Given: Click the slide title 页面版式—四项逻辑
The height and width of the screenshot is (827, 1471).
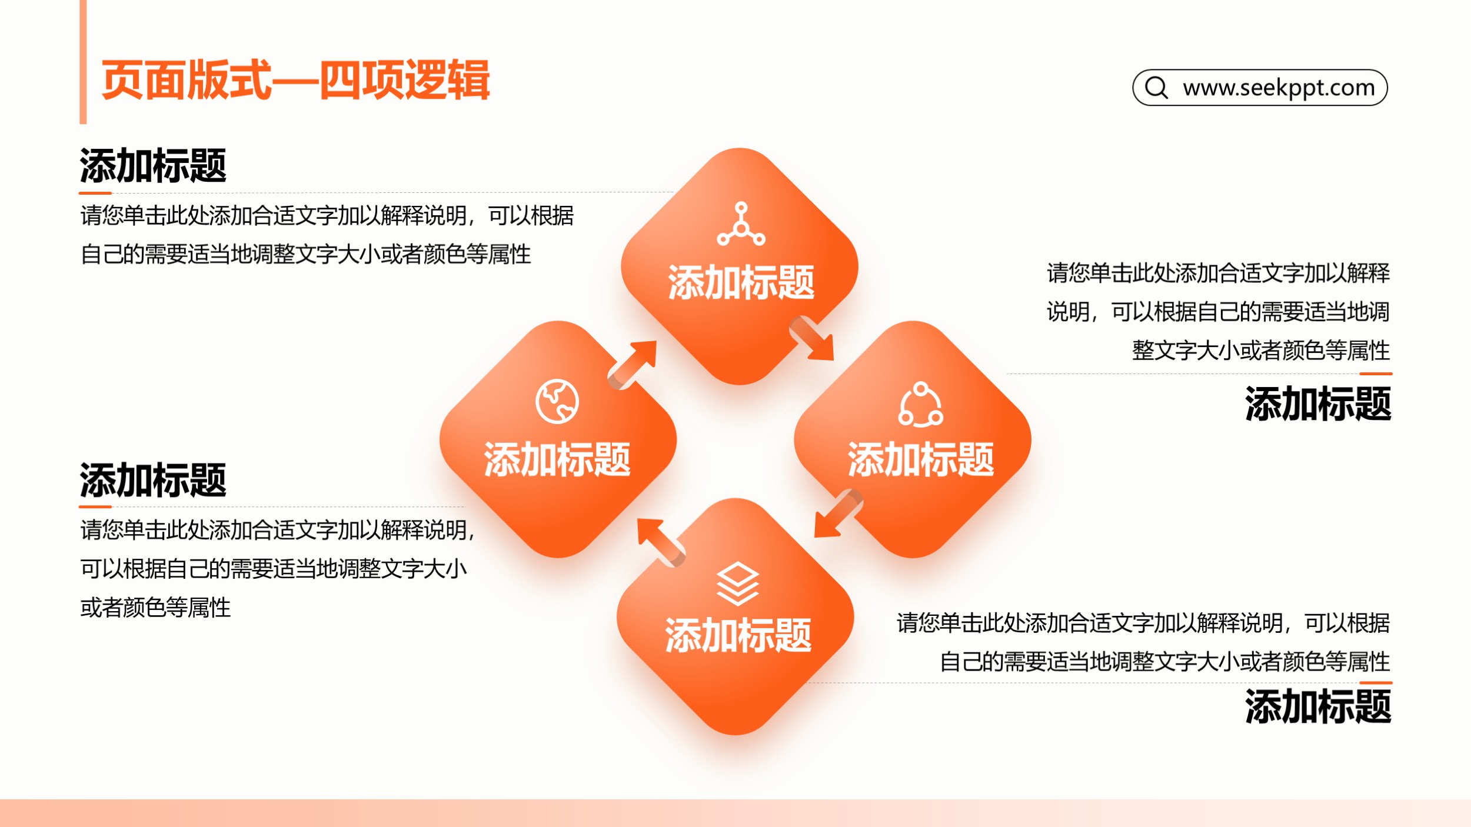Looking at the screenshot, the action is point(295,80).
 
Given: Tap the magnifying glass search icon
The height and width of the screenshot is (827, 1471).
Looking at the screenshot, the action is point(1156,88).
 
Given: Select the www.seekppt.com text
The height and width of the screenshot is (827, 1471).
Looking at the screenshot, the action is point(1279,88).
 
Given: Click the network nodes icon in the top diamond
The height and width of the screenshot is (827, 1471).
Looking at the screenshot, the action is point(741,224).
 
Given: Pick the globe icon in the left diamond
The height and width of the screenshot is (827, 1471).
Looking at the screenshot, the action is point(557,402).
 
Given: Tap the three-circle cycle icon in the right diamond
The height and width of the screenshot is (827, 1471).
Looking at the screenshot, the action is point(920,404).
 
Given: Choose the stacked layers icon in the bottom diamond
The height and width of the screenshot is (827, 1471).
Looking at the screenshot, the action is point(738,583).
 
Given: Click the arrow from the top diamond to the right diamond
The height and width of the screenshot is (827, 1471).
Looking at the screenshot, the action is point(812,338).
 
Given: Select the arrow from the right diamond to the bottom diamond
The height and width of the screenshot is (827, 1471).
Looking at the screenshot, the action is point(838,513).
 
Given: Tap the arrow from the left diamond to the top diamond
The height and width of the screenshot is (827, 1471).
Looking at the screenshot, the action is point(632,365).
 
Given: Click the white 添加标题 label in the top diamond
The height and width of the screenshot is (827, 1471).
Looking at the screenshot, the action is point(741,283).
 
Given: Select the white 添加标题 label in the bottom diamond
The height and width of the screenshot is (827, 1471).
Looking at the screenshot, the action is point(738,636).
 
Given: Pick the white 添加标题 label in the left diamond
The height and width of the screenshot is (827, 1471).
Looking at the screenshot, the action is point(557,459).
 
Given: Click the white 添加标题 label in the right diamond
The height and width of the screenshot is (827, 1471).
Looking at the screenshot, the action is point(920,459).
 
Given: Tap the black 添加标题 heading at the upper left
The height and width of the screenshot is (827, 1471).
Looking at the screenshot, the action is point(153,166).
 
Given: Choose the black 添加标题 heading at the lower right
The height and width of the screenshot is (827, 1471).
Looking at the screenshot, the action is point(1318,706).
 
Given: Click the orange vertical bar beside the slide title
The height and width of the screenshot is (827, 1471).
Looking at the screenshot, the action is point(83,62).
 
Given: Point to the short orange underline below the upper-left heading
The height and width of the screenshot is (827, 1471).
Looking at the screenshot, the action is point(95,192).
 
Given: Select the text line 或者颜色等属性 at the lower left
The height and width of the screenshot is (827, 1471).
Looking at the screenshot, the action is point(155,608).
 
